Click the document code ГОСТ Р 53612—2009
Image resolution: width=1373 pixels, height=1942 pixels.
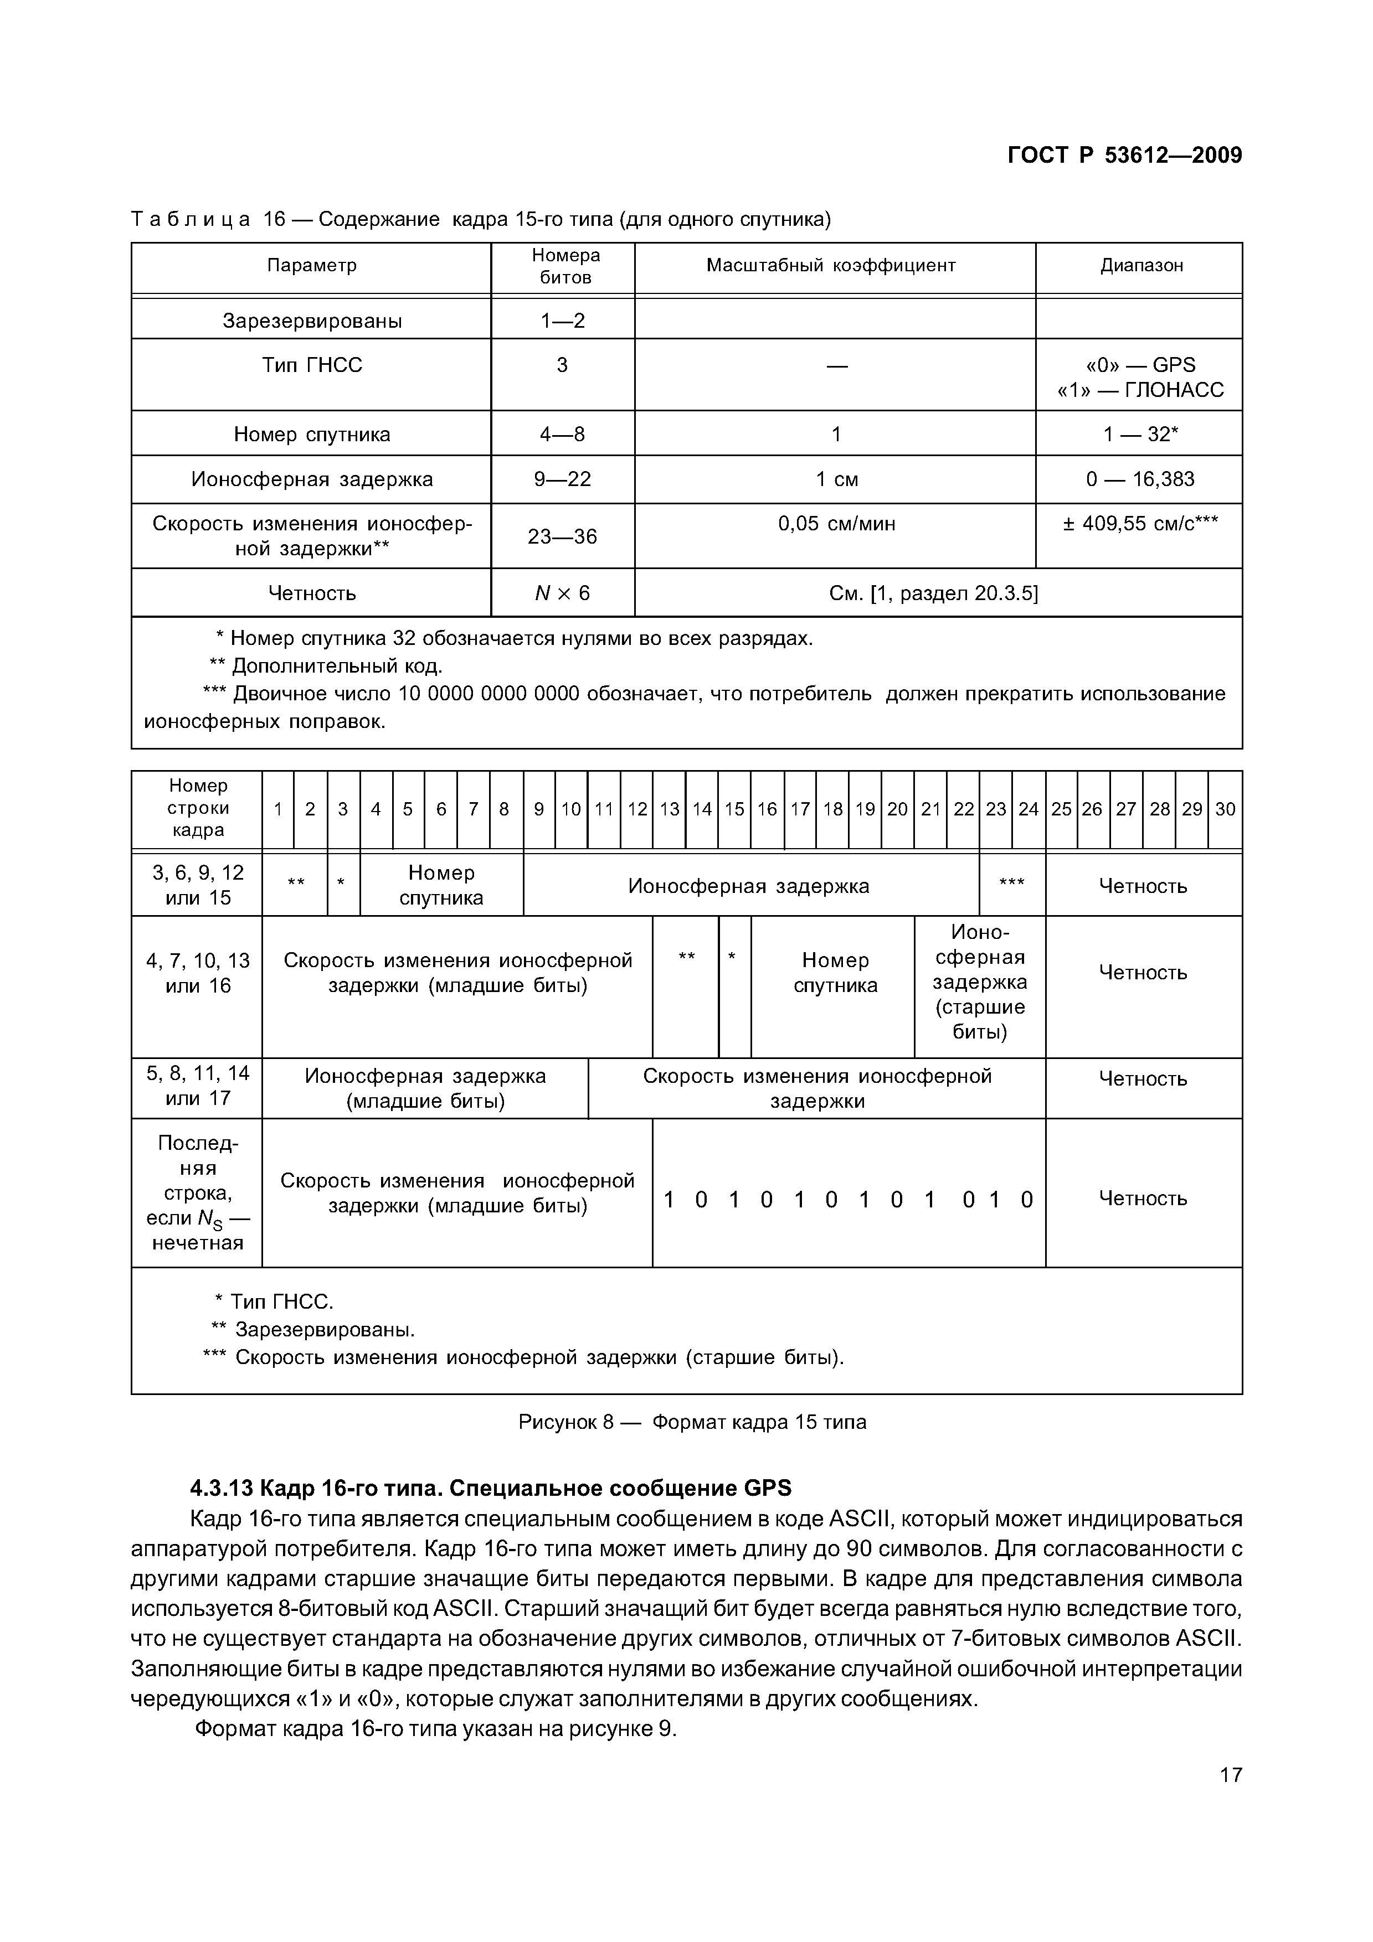[1124, 156]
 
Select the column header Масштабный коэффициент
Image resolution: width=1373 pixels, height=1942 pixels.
[831, 266]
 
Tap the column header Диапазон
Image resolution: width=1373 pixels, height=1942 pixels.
[1141, 266]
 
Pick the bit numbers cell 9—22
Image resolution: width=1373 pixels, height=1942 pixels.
[563, 479]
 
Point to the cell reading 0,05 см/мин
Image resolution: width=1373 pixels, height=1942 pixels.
[836, 524]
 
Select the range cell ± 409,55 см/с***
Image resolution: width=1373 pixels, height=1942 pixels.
[1140, 524]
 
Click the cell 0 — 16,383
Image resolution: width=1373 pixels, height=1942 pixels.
[1140, 479]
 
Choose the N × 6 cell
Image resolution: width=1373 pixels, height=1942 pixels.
[563, 593]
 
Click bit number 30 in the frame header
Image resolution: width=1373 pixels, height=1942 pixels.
[1225, 809]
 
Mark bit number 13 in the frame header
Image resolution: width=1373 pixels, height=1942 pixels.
[669, 809]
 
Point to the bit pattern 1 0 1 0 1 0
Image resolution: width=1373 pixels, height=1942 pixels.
[849, 1200]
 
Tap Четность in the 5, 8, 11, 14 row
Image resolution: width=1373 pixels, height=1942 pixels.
[1143, 1080]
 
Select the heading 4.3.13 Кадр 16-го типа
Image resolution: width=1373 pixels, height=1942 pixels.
[491, 1488]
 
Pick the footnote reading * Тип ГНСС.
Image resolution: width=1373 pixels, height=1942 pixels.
[274, 1301]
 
